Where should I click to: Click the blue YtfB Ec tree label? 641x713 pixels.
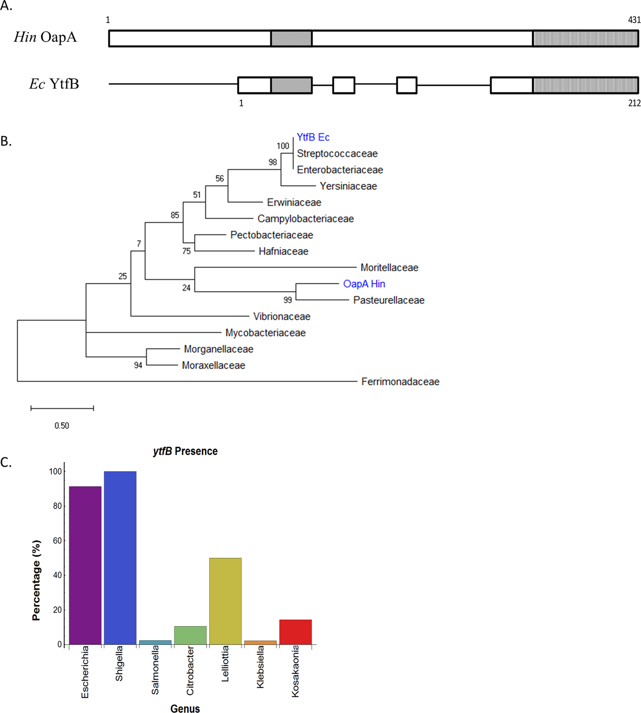coord(313,137)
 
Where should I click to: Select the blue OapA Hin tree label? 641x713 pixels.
coord(364,284)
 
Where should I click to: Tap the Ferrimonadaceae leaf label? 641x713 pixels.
coord(400,382)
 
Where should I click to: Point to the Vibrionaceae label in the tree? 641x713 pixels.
coord(281,317)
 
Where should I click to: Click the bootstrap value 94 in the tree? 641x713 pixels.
coord(138,366)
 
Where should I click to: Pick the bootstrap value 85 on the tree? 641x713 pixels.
coord(175,215)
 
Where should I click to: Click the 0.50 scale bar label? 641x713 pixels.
coord(61,426)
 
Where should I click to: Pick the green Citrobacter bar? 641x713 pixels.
coord(190,635)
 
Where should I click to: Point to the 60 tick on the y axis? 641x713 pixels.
coord(57,541)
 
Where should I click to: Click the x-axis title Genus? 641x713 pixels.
coord(185,709)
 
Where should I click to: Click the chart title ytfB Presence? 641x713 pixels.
coord(185,451)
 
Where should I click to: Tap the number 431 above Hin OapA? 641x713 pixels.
coord(634,20)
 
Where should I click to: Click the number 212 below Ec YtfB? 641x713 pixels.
coord(634,103)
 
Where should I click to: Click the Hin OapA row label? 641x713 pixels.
coord(45,37)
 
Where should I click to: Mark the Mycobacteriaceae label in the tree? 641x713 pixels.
coord(265,333)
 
